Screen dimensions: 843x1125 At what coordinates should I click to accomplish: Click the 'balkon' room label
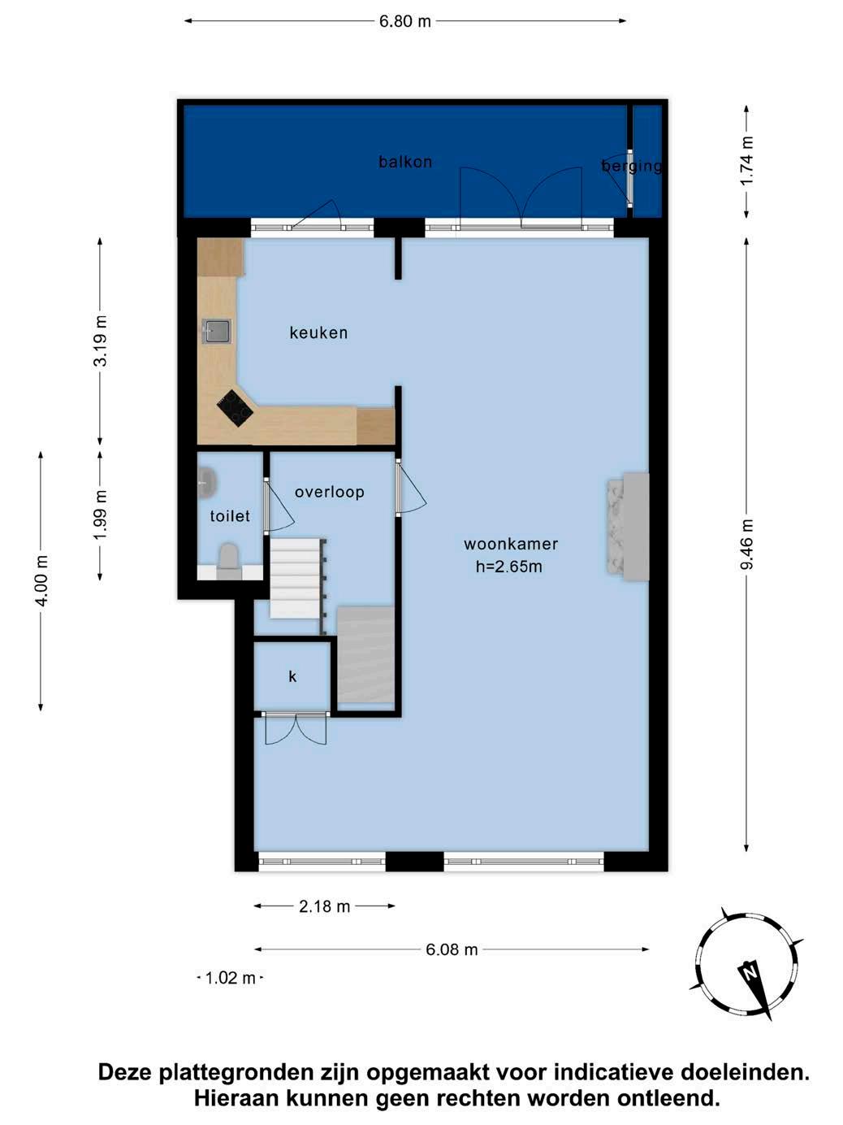point(405,162)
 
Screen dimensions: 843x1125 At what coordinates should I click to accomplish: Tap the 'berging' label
point(631,166)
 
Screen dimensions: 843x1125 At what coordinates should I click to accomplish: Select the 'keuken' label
point(318,332)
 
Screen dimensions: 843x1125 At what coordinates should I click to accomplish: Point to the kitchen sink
point(217,331)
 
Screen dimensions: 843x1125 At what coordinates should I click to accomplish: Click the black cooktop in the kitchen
point(235,408)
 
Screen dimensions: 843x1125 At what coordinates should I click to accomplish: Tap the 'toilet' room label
point(230,515)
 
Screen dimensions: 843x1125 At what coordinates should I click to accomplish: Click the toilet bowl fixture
point(228,561)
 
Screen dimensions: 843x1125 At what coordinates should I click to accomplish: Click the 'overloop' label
point(329,492)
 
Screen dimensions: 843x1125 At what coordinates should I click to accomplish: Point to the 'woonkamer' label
point(510,544)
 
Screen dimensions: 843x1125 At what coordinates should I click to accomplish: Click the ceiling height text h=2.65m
point(508,567)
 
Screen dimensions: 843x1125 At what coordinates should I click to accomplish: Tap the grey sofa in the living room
point(628,527)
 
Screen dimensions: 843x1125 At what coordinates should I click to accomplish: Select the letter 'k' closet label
point(292,676)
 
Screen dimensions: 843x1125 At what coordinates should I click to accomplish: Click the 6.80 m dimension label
point(405,21)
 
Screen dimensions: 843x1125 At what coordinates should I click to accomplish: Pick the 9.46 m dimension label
point(746,544)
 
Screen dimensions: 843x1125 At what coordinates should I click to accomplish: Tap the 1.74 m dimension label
point(746,162)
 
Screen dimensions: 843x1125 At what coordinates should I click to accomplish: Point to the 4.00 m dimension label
point(42,580)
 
